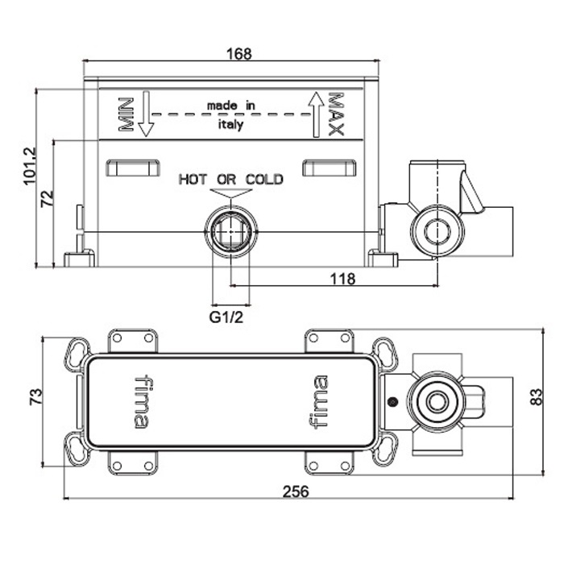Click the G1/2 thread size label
228,317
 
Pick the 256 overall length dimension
299,491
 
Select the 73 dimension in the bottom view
34,396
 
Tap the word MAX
337,114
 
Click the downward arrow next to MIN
145,113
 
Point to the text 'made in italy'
230,115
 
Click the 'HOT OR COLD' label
230,179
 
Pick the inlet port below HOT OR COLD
230,232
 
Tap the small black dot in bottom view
392,402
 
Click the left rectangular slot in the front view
134,168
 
